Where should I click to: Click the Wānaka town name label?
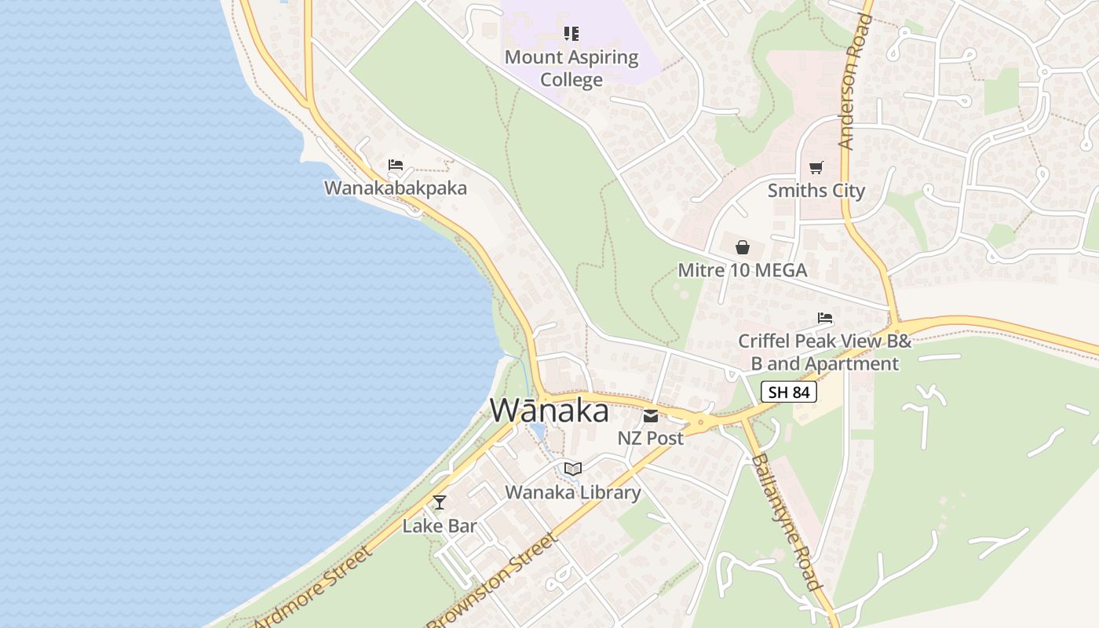point(549,411)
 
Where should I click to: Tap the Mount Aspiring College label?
point(571,68)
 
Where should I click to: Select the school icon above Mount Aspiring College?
point(571,34)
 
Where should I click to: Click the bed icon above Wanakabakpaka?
point(396,165)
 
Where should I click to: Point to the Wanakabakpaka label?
point(396,188)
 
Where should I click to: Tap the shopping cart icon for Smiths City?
point(816,167)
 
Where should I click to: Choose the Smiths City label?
point(816,191)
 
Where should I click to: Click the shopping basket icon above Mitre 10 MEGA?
point(743,247)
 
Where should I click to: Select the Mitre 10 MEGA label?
point(743,271)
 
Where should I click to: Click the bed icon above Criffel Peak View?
point(825,318)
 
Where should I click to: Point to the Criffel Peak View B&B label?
point(825,352)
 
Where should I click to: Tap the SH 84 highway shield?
point(789,392)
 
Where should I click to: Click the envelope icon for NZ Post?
point(651,415)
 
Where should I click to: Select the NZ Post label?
point(651,438)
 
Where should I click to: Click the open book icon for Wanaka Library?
point(573,469)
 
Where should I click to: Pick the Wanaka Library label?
point(573,493)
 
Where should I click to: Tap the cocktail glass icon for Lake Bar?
point(440,502)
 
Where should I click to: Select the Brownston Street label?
point(493,581)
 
